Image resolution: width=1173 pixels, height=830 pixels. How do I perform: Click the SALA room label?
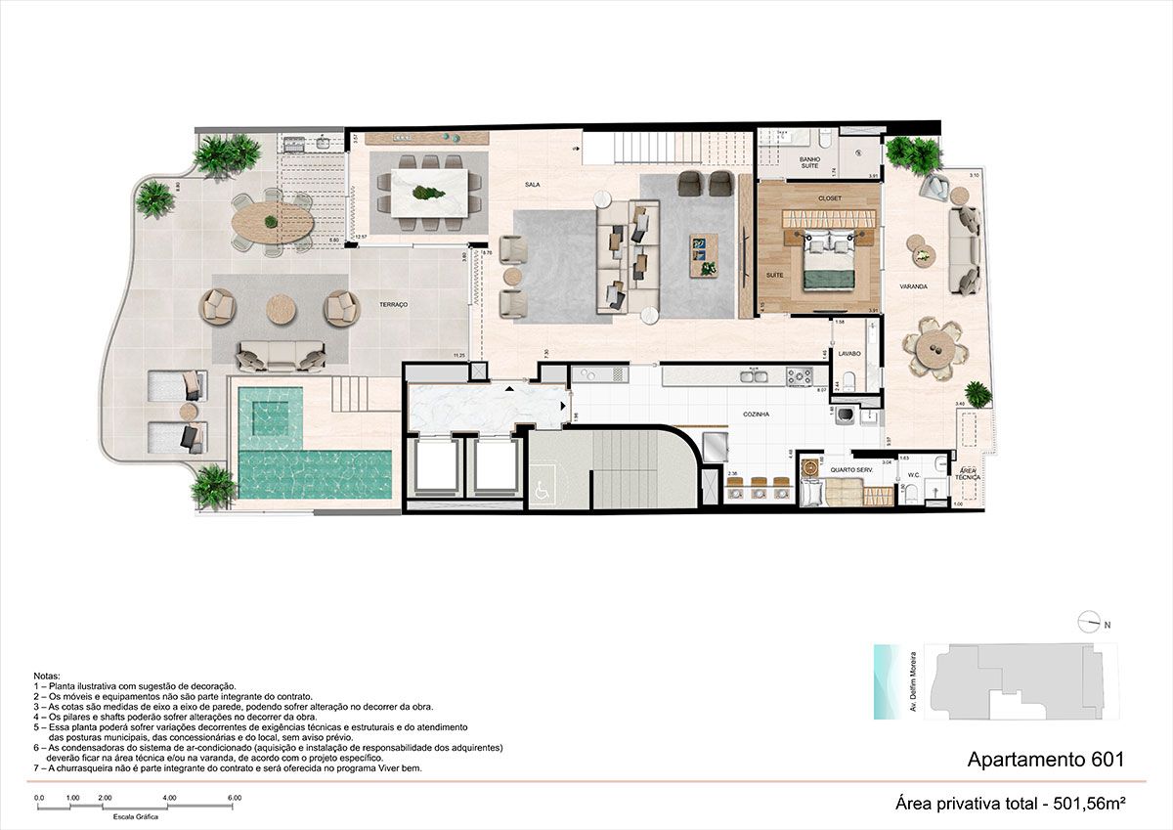pos(532,184)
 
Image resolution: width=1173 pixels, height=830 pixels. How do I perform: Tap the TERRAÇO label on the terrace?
pos(394,305)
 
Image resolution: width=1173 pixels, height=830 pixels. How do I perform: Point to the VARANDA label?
pos(913,286)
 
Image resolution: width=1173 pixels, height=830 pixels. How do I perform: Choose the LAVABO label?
pos(848,353)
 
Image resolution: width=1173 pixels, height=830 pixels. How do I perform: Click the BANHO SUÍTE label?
pos(809,163)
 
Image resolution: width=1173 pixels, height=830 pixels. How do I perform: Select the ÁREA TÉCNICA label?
pos(967,474)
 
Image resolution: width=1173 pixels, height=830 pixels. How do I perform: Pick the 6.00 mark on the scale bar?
pos(235,798)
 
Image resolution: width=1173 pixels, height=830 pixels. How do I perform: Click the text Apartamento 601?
pos(1045,759)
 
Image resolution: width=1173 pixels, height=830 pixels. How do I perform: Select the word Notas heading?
pos(46,676)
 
